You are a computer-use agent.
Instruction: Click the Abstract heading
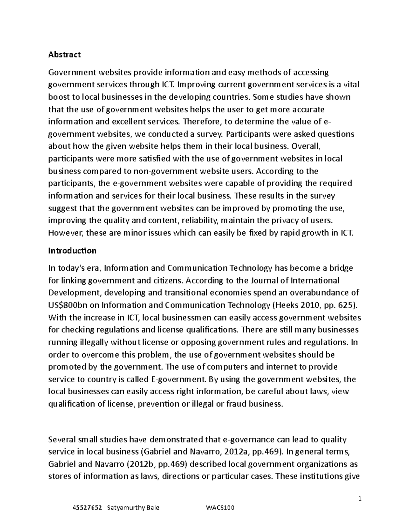click(x=65, y=55)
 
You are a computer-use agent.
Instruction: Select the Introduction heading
click(x=72, y=251)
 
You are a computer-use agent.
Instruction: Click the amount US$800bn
click(x=70, y=305)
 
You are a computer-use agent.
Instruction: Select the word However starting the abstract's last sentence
click(x=65, y=233)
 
